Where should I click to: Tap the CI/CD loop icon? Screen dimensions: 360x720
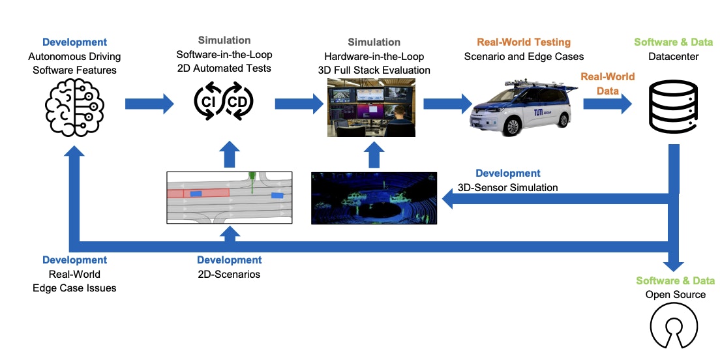(x=224, y=103)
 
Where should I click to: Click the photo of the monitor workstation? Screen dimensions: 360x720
(x=370, y=106)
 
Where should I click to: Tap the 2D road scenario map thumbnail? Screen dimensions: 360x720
(x=230, y=198)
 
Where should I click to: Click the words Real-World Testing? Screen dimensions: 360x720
(x=524, y=42)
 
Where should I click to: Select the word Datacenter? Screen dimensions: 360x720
(x=674, y=57)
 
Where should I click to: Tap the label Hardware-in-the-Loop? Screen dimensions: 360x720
(x=377, y=56)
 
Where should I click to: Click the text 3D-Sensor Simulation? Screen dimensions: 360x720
(x=507, y=187)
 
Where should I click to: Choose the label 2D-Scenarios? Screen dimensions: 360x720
(x=229, y=274)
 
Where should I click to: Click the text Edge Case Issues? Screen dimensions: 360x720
(x=74, y=288)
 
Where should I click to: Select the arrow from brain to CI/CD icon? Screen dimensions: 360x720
(x=149, y=103)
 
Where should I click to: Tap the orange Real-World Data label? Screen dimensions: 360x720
(x=608, y=83)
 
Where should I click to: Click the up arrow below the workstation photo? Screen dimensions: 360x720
(x=373, y=156)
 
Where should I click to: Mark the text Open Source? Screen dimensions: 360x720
(x=676, y=294)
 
